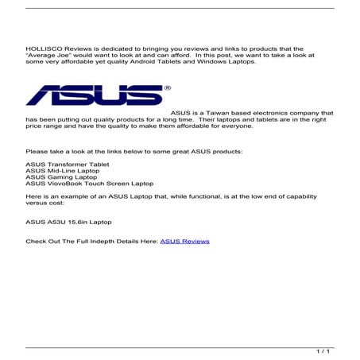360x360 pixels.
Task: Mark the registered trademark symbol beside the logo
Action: (x=165, y=87)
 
